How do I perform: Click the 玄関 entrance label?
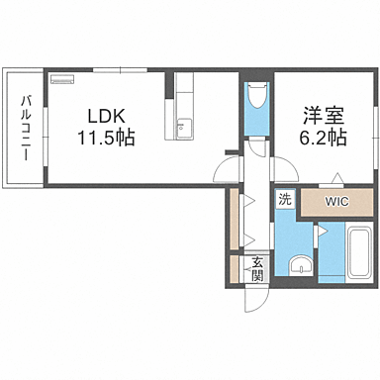[256, 268]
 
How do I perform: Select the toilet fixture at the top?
[256, 99]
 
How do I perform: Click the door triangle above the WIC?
[338, 179]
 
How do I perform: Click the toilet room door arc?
[257, 147]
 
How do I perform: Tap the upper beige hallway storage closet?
[234, 221]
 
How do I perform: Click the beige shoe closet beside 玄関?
[234, 268]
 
